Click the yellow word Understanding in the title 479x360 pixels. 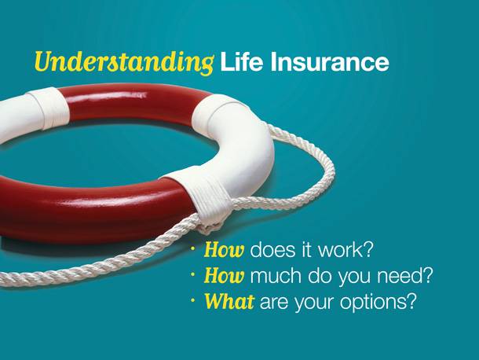pos(124,62)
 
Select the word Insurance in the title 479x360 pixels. pos(329,62)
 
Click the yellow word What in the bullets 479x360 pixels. pos(229,302)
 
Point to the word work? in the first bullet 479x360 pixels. pos(346,250)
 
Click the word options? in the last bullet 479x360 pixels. pos(378,303)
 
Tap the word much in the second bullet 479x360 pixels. pos(276,276)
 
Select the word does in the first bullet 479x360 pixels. pos(272,250)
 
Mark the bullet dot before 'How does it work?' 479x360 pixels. pos(192,249)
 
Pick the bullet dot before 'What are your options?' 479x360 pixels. pos(192,300)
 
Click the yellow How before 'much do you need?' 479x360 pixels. pos(224,276)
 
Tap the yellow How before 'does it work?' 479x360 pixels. pos(224,250)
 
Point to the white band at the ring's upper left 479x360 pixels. pos(49,107)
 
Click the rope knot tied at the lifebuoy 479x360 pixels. pos(207,227)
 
